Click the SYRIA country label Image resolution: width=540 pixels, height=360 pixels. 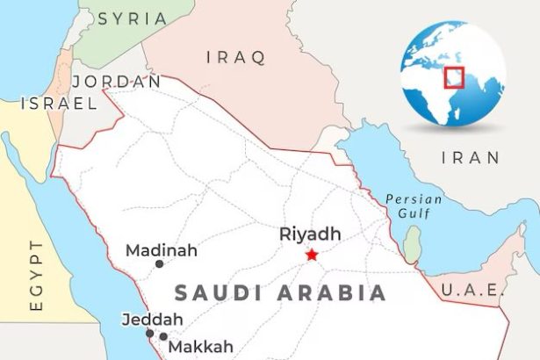coord(131,18)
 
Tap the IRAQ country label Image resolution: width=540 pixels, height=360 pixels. coord(234,58)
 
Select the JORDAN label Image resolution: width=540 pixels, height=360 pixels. coord(116,81)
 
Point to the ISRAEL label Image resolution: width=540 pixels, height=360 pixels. coord(59,104)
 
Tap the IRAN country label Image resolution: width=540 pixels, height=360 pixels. coord(471,158)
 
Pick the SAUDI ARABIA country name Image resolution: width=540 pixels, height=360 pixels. coord(281,293)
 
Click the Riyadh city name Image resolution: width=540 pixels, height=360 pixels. coord(309,234)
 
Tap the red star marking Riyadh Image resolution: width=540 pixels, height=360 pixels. coord(312,256)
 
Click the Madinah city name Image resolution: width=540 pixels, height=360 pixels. coord(162,250)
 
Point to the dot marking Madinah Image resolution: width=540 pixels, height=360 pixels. coord(159,263)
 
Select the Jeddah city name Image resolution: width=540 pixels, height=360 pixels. coord(152,319)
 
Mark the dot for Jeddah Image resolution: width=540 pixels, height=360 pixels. coord(149,333)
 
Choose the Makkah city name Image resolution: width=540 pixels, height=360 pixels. coord(201,346)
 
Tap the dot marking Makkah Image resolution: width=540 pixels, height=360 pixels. coord(163,336)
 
